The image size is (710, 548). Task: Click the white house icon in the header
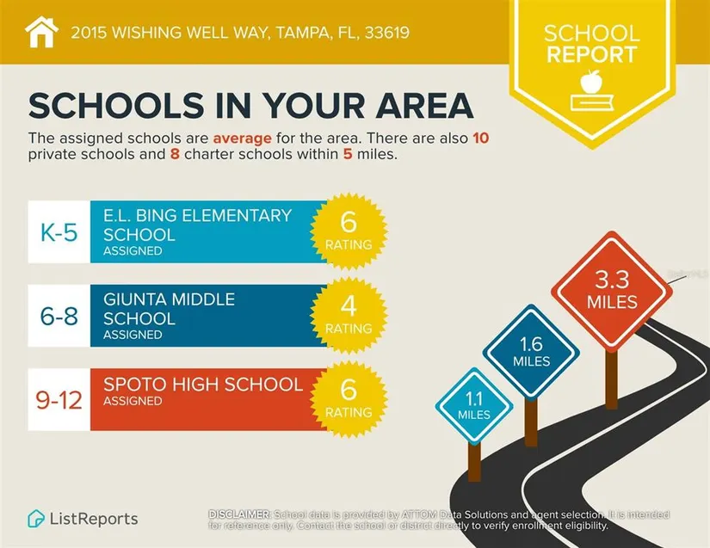click(x=40, y=33)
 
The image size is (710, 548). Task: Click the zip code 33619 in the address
click(x=385, y=34)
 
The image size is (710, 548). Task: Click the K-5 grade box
click(x=59, y=232)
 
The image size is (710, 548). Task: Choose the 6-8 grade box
click(x=59, y=316)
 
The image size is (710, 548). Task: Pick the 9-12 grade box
click(x=59, y=399)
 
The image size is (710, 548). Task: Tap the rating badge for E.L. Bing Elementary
click(x=349, y=231)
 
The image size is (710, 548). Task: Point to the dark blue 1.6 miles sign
click(x=531, y=351)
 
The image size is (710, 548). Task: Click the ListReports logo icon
click(x=37, y=519)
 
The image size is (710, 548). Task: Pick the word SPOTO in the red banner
click(x=135, y=384)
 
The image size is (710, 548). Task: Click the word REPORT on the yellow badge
click(x=591, y=55)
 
